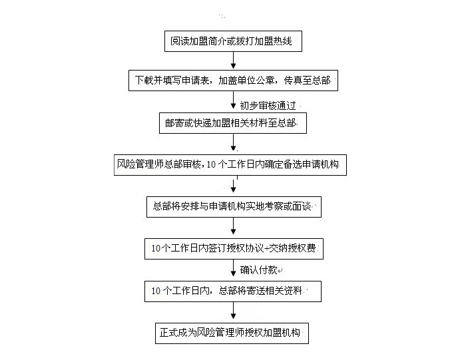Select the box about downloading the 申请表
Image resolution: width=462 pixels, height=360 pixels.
[x=232, y=81]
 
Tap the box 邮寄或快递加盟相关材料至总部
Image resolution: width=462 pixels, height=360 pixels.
[x=232, y=123]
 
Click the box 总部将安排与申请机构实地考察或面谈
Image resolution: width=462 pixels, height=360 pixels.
[x=232, y=207]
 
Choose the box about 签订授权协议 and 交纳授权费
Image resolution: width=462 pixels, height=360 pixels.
[x=232, y=249]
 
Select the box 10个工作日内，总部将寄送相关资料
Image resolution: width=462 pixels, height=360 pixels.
[x=232, y=291]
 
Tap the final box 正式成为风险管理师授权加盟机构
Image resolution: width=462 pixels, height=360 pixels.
[x=232, y=332]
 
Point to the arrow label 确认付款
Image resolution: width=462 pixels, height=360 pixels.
[x=261, y=270]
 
